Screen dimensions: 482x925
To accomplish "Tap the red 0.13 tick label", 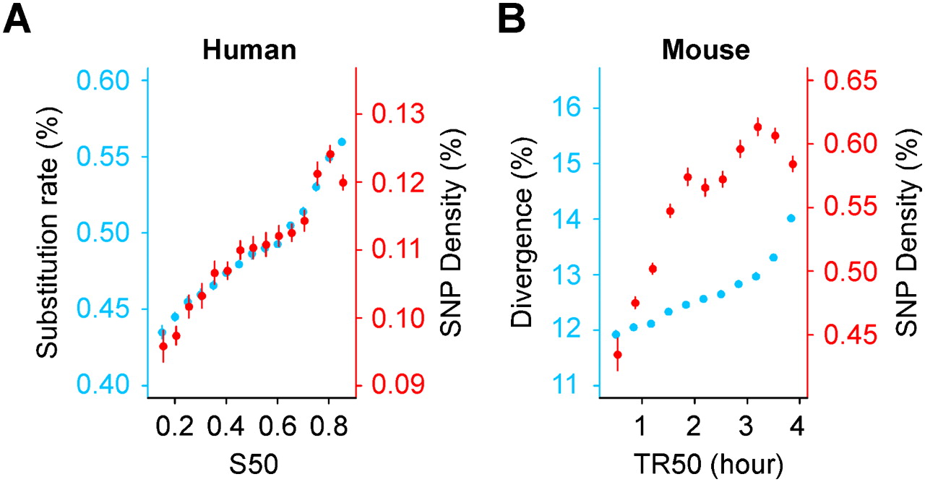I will tap(396, 114).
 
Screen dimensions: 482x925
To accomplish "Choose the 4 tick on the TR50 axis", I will tap(797, 421).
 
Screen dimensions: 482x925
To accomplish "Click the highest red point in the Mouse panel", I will tap(758, 128).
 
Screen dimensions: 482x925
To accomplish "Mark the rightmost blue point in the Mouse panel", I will tap(791, 218).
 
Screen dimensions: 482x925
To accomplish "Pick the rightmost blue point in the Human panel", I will tap(342, 142).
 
